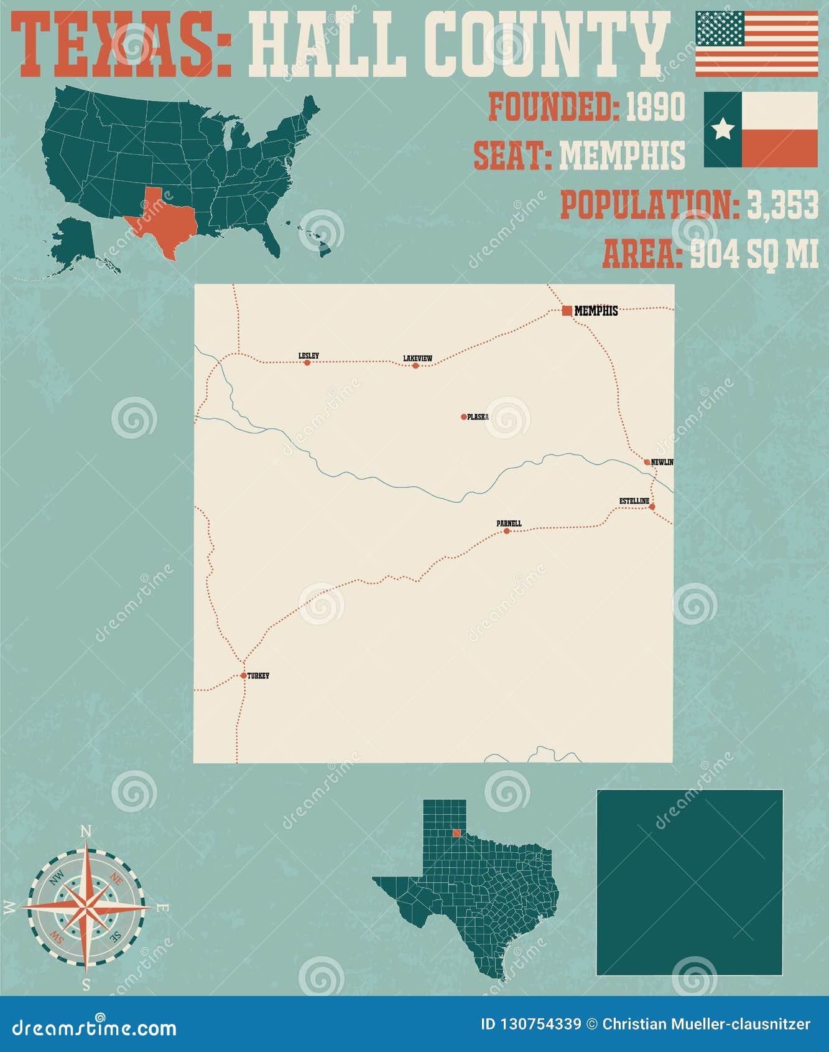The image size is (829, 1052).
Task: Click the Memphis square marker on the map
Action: [567, 311]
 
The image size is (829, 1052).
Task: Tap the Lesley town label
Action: [308, 356]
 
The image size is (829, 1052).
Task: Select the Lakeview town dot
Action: [415, 365]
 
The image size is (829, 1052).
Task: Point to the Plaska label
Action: [478, 416]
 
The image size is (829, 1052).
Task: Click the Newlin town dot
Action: [647, 462]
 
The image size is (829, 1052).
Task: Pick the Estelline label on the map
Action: [634, 501]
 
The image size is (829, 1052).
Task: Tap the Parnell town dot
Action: [506, 531]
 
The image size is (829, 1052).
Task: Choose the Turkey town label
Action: [258, 676]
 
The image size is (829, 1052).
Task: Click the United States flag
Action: [756, 44]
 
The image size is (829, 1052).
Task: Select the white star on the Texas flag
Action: [723, 129]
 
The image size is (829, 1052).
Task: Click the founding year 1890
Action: [655, 107]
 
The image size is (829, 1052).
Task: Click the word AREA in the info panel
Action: [642, 254]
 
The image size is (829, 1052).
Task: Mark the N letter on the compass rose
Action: [86, 831]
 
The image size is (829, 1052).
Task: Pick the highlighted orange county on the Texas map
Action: [456, 833]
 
